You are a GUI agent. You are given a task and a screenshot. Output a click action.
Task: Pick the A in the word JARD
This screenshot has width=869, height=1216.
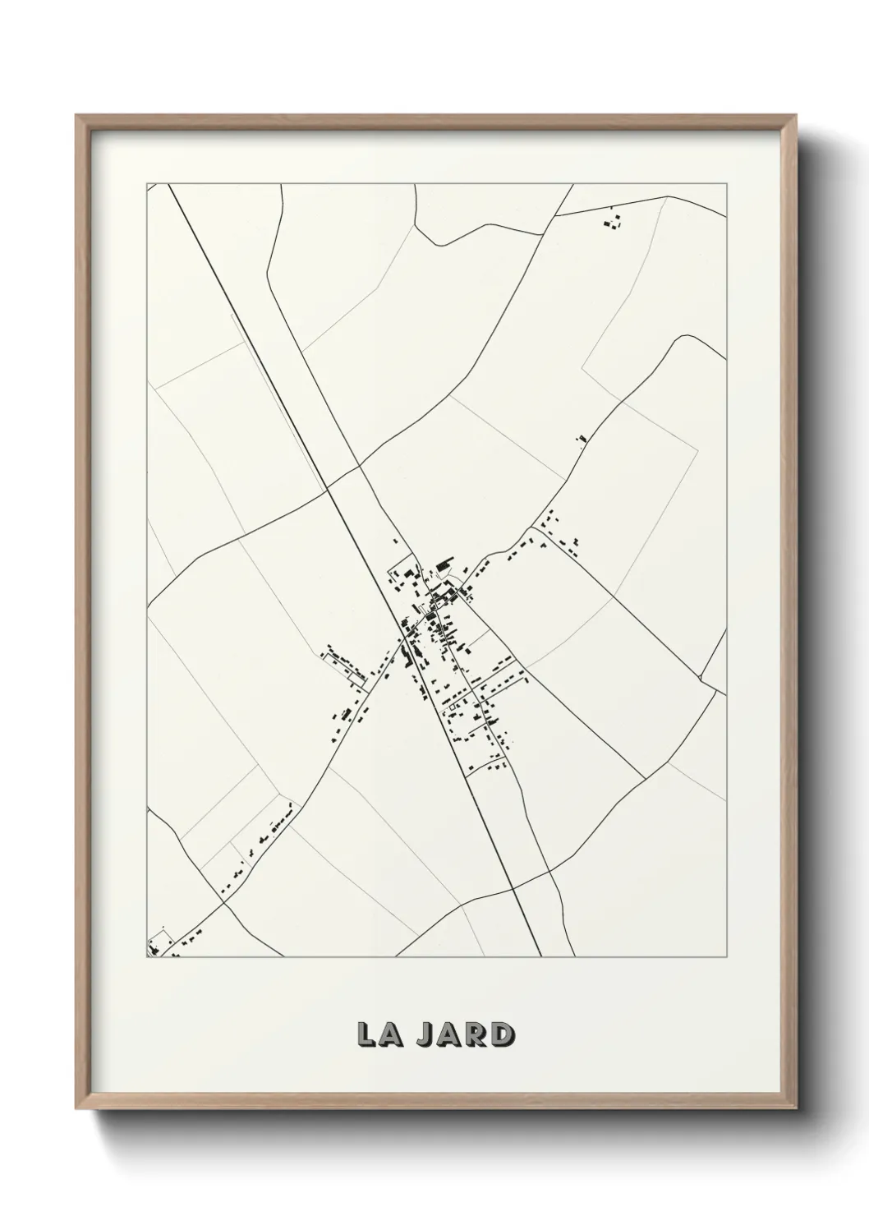(451, 1035)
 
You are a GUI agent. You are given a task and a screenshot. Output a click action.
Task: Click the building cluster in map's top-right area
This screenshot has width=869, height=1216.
(613, 221)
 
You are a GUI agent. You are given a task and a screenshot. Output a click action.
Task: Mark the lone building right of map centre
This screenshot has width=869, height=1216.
(582, 440)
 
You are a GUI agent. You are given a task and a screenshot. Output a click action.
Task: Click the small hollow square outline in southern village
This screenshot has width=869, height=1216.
(450, 705)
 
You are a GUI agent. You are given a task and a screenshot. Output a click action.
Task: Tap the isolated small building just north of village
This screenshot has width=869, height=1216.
(396, 541)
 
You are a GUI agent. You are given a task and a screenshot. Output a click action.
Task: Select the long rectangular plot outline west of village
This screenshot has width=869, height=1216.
(345, 663)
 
